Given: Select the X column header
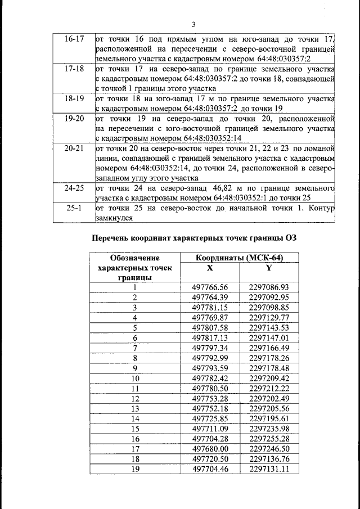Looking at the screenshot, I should pos(210,268).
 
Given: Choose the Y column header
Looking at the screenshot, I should pos(269,268).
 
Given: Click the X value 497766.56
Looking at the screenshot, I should pos(210,287).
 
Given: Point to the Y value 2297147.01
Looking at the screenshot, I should pos(269,337).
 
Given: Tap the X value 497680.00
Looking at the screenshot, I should pos(210,449).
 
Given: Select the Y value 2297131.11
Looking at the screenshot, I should pos(269,469).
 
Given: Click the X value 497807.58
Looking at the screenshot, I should pos(210,327).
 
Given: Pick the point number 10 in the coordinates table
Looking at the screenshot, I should pos(134,378).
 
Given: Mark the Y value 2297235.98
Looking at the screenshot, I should pos(269,429).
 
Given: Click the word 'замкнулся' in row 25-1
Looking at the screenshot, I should pos(115,218).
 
